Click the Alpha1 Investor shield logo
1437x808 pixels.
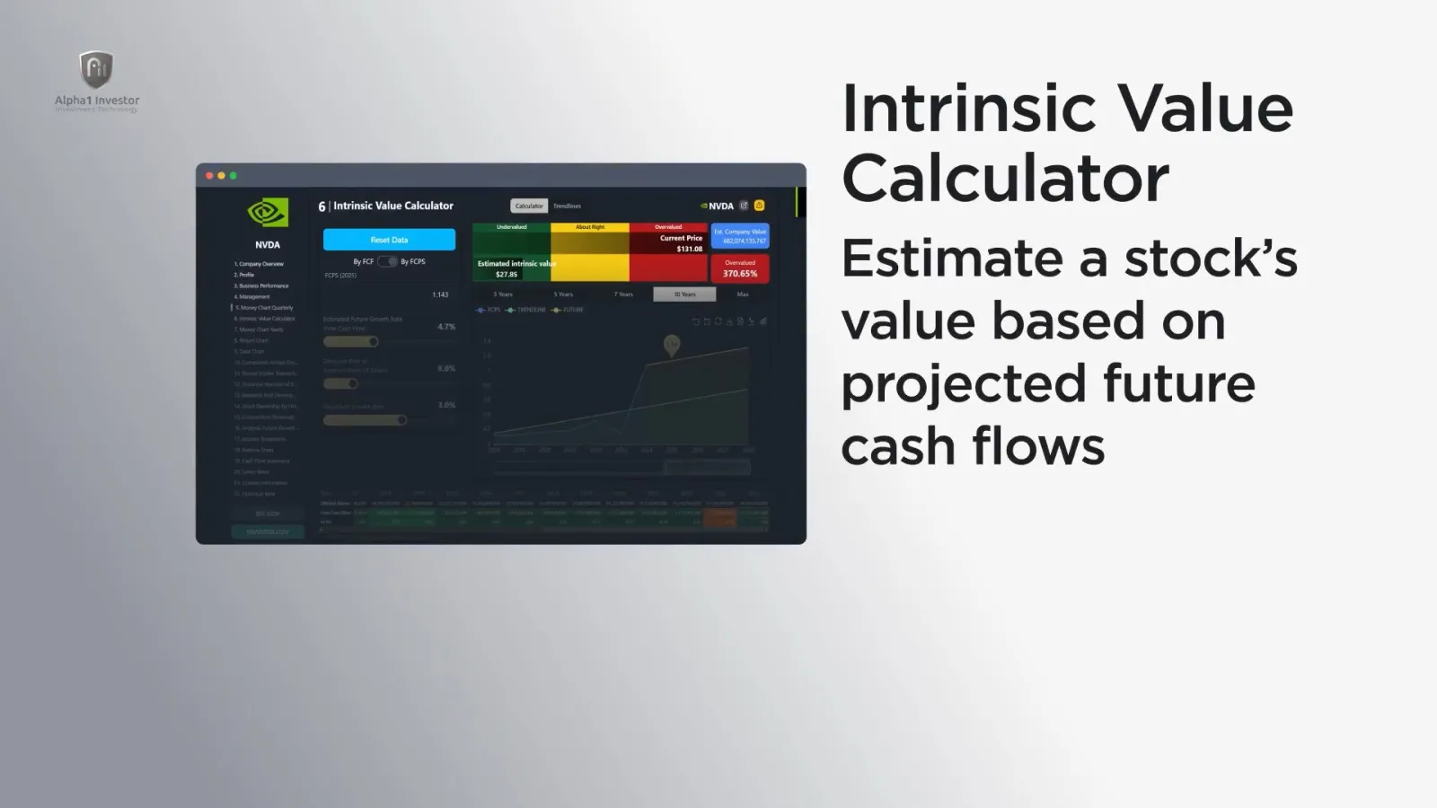(x=96, y=70)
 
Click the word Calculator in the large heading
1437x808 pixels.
(x=1005, y=178)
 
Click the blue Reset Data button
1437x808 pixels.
(x=389, y=240)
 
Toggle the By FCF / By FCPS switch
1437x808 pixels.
(x=388, y=261)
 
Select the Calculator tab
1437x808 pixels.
(x=529, y=206)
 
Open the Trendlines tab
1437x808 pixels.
(x=567, y=206)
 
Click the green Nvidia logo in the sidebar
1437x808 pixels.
(x=268, y=213)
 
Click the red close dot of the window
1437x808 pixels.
(x=209, y=176)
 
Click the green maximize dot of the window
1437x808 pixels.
(x=234, y=176)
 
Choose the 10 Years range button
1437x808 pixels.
(x=684, y=294)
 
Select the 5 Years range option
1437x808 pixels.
(x=563, y=294)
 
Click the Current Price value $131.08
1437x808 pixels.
(x=689, y=249)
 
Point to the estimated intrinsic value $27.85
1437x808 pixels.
(x=507, y=274)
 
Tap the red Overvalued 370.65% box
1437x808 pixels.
(x=740, y=268)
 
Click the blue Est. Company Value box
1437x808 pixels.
(x=740, y=236)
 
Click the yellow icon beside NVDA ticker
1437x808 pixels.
(x=759, y=206)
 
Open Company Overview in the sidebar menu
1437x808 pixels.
(x=260, y=264)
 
